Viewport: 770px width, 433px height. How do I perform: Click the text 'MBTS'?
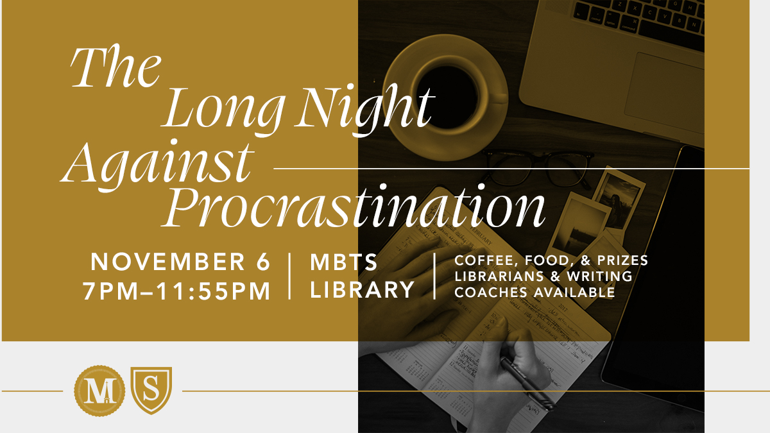click(x=345, y=262)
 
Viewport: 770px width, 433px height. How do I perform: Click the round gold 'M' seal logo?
click(x=96, y=390)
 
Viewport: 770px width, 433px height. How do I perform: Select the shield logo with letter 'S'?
click(x=151, y=390)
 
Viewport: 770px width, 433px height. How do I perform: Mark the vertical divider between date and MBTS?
click(x=289, y=276)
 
